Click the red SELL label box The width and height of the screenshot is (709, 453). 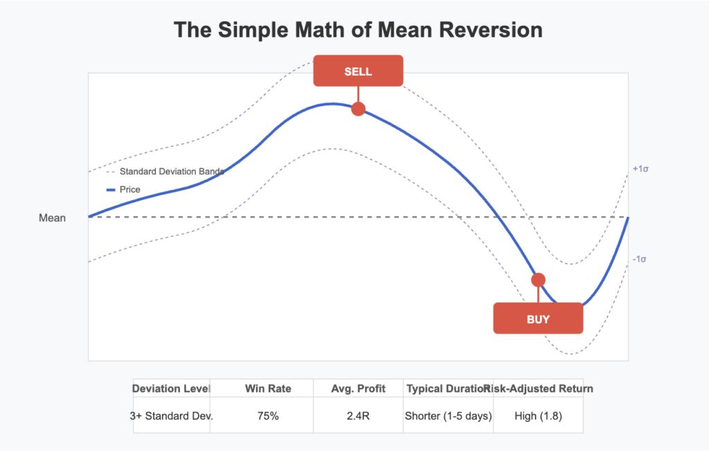358,71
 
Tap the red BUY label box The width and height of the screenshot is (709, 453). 538,319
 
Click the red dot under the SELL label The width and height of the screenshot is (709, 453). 358,109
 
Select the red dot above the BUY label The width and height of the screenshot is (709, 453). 538,280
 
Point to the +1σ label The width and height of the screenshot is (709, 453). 640,169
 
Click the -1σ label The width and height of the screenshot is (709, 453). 639,259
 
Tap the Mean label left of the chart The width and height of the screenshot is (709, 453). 52,218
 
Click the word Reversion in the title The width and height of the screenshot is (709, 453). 482,30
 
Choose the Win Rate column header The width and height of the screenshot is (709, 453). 268,389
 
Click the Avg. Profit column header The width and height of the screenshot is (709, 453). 358,389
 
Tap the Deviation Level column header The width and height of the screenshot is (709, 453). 172,389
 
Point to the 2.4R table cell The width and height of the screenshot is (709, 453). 358,416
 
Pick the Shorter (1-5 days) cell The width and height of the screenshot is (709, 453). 448,416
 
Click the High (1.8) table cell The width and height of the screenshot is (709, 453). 538,416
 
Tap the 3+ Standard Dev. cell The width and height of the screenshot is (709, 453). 172,416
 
